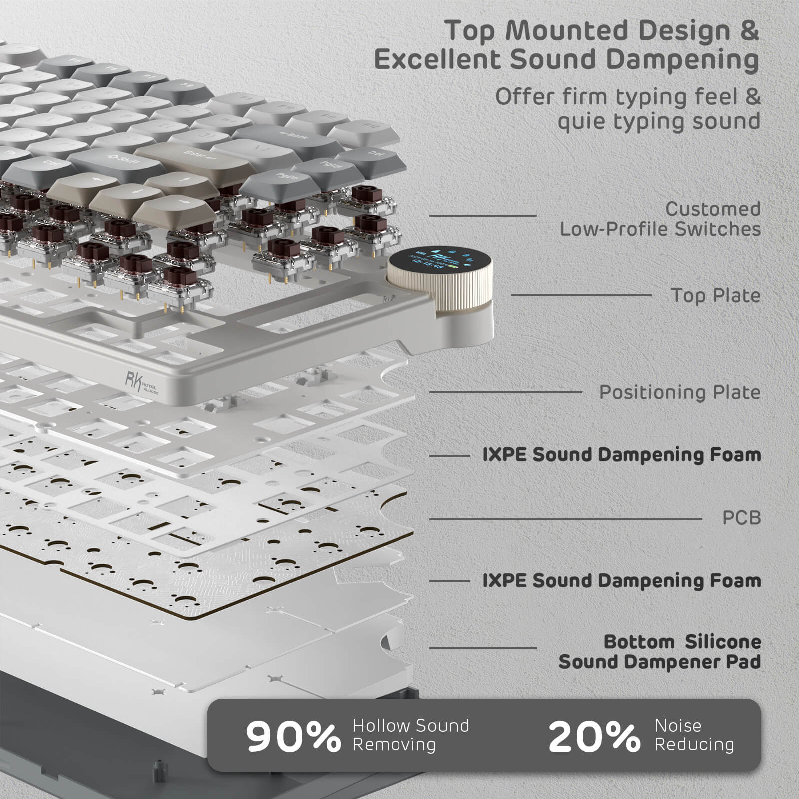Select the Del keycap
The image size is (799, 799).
coord(375,153)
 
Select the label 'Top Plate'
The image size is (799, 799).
coord(716,295)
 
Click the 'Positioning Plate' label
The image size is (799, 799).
coord(679,392)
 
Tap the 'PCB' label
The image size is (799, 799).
coord(741,518)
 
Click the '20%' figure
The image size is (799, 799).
coord(594,736)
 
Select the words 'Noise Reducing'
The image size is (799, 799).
coord(694,735)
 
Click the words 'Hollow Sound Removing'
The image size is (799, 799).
coord(410,735)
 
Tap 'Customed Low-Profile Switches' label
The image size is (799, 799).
coord(660,219)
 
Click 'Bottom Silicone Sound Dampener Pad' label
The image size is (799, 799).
coord(660,652)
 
